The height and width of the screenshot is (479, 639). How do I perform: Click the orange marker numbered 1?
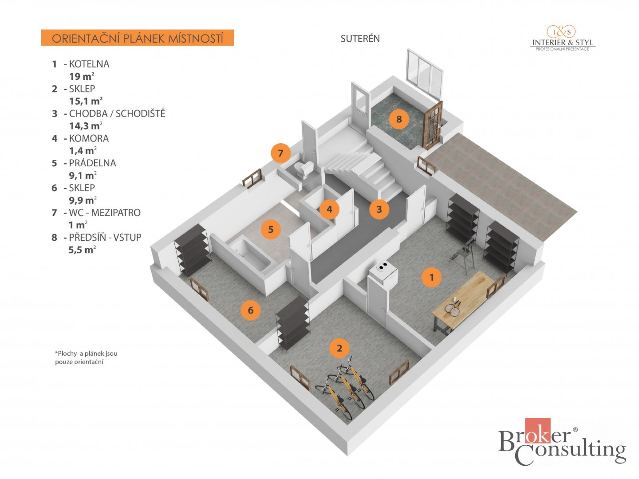(x=432, y=277)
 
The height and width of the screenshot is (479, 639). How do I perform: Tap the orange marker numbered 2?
(x=339, y=348)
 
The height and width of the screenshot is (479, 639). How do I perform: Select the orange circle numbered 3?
(x=379, y=209)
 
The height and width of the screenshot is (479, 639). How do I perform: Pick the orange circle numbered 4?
(x=329, y=209)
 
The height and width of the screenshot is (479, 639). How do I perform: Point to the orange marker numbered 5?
(x=271, y=229)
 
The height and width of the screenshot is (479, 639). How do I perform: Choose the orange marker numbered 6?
(x=251, y=310)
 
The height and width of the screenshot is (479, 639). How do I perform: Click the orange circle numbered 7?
(x=281, y=153)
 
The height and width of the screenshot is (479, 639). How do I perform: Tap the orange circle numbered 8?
(x=399, y=119)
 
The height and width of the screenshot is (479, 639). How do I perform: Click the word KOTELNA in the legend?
(x=89, y=64)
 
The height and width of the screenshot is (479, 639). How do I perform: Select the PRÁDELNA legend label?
(x=92, y=163)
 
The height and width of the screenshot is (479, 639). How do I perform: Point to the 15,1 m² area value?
(x=86, y=101)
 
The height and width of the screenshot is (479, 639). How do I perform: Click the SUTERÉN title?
(x=360, y=39)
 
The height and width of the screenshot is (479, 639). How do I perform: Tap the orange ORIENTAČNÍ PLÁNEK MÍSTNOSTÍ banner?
(x=137, y=38)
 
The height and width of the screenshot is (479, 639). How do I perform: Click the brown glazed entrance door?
(x=432, y=125)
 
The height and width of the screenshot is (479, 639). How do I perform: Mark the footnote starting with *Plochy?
(x=86, y=358)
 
